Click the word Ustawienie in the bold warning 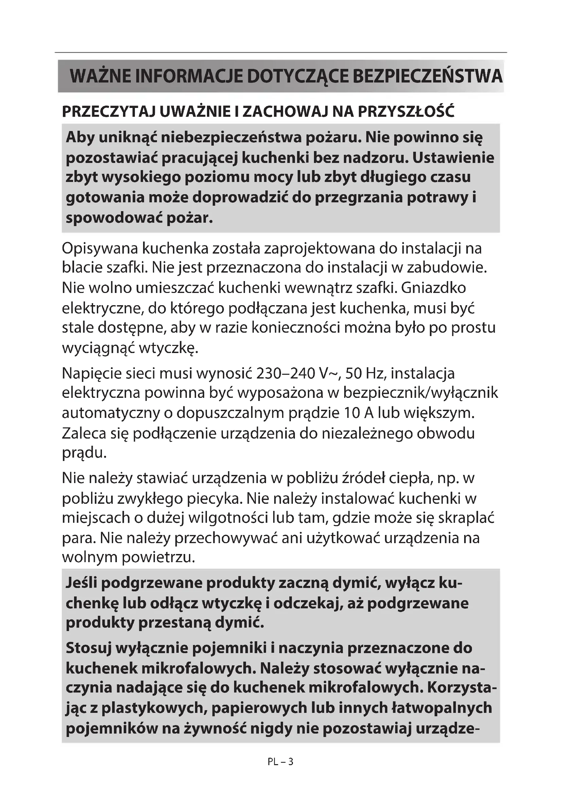click(x=453, y=158)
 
